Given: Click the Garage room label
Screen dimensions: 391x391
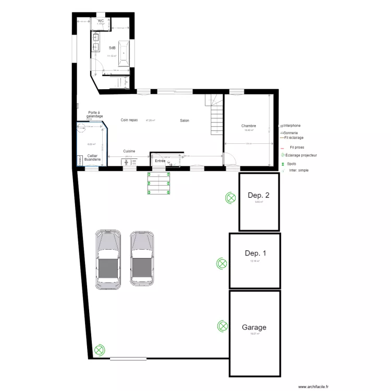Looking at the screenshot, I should [254, 327].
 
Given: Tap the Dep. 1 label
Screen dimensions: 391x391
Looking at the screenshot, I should [255, 253].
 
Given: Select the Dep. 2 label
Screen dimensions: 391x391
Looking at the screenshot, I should [259, 196].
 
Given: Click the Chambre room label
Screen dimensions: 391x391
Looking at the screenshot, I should [249, 126].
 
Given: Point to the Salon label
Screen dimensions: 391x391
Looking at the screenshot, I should [185, 120].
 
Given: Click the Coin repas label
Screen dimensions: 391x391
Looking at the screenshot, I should [129, 120].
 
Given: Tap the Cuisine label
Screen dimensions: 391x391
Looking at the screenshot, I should [129, 151].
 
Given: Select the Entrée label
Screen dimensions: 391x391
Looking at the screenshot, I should [160, 161].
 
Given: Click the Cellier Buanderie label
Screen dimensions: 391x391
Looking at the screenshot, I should [93, 157].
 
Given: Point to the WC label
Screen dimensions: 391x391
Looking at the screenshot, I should [101, 21].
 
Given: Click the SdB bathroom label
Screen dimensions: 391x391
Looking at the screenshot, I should [112, 47].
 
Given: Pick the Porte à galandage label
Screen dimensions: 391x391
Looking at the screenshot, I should [94, 114].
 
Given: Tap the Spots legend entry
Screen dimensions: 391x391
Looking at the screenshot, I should [291, 164].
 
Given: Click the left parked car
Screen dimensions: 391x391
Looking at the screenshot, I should [109, 259].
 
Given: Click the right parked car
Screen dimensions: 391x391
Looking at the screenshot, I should [142, 259].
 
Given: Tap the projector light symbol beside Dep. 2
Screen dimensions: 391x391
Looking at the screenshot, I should [230, 198].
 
